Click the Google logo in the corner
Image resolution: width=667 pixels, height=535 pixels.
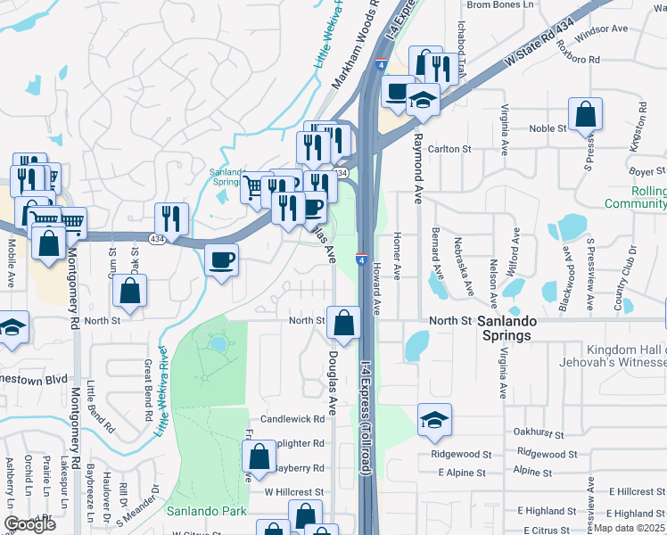(29, 524)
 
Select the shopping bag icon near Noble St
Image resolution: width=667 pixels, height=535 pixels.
(585, 115)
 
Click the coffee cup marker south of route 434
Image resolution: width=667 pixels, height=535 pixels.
(222, 260)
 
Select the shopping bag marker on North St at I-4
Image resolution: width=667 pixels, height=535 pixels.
(342, 324)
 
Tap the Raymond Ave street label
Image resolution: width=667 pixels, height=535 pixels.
(416, 169)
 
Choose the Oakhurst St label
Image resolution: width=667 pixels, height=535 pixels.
(540, 432)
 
